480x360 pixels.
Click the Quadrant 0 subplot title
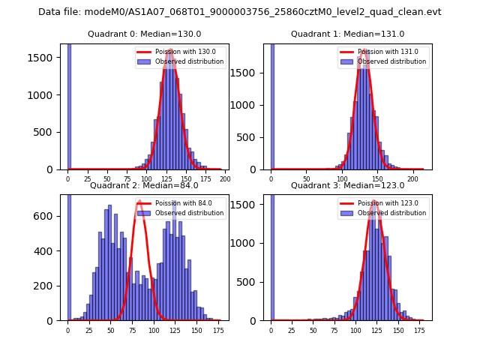pos(145,34)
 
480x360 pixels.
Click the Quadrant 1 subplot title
pos(347,34)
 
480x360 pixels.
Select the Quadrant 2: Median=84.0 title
pos(145,185)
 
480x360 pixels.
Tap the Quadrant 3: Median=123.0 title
pos(347,185)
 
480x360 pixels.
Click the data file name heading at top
pos(240,12)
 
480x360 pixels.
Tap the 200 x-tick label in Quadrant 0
pos(224,180)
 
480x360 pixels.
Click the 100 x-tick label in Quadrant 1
pos(342,180)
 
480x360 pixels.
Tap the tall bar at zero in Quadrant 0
pos(69,105)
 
